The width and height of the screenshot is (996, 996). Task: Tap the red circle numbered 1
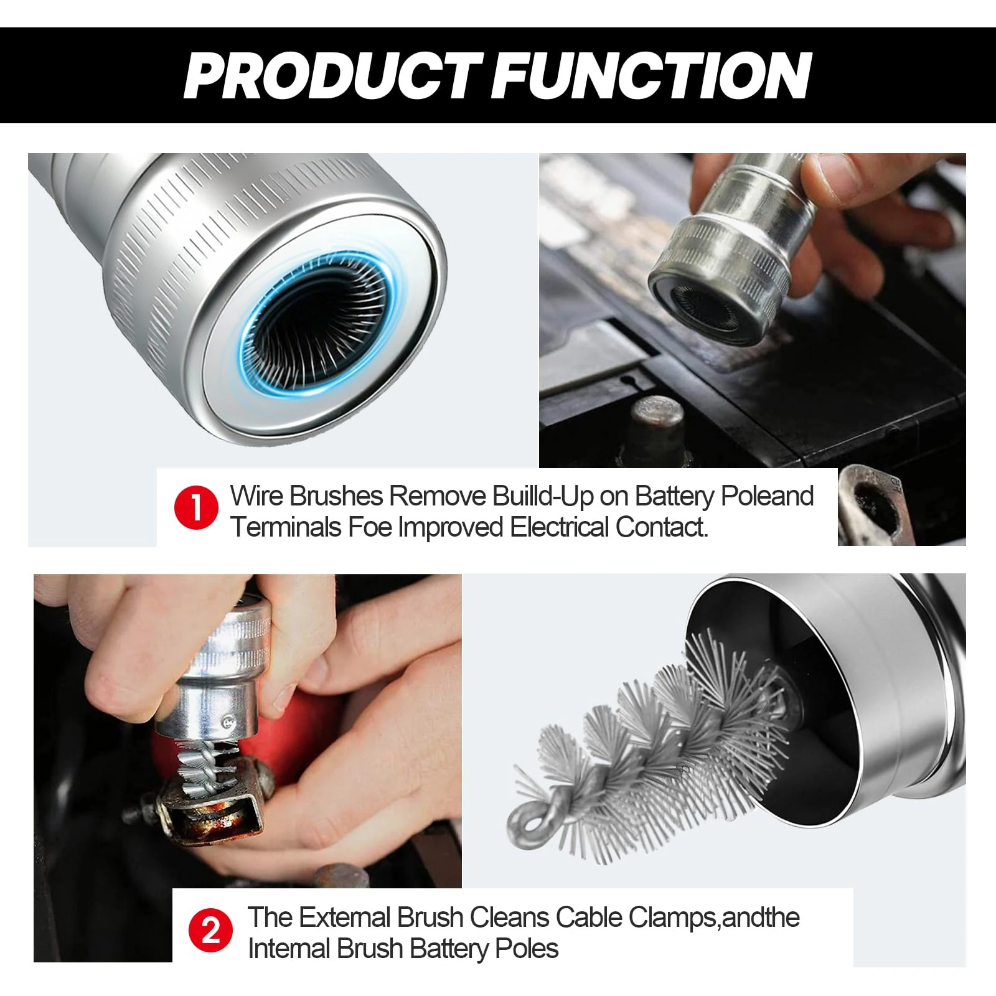(x=196, y=507)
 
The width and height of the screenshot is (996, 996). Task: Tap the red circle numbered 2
(x=211, y=931)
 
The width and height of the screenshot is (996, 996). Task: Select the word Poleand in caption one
(x=767, y=496)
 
